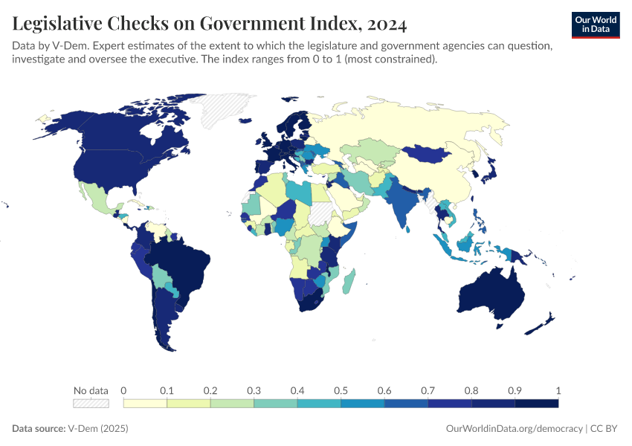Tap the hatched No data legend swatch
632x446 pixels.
pyautogui.click(x=91, y=404)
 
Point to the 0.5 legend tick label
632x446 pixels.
pyautogui.click(x=341, y=390)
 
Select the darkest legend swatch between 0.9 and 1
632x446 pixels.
pyautogui.click(x=536, y=404)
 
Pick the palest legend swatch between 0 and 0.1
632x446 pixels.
pyautogui.click(x=145, y=404)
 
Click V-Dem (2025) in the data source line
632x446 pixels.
pyautogui.click(x=97, y=429)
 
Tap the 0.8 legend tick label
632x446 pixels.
pyautogui.click(x=471, y=390)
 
